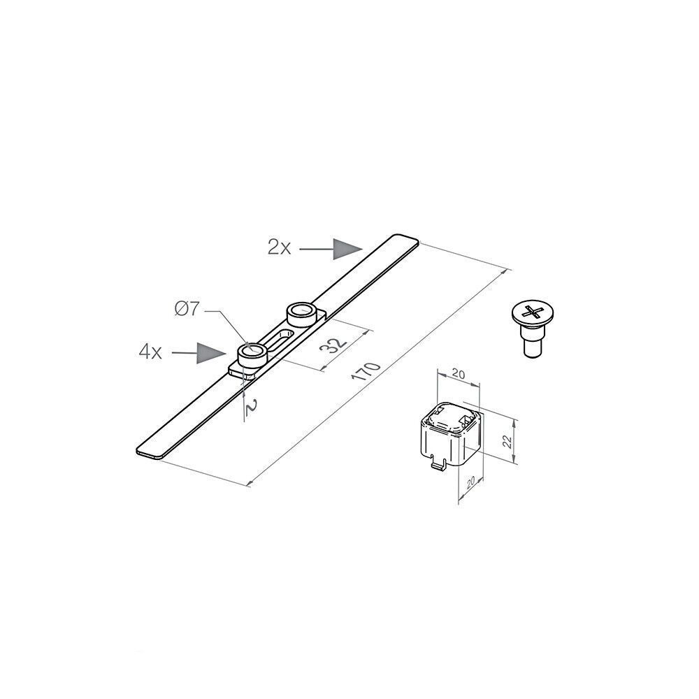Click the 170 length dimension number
pos(366,377)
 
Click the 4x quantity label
pos(150,352)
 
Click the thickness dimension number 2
pos(252,408)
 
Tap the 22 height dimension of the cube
pos(507,440)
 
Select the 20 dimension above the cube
pos(459,373)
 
